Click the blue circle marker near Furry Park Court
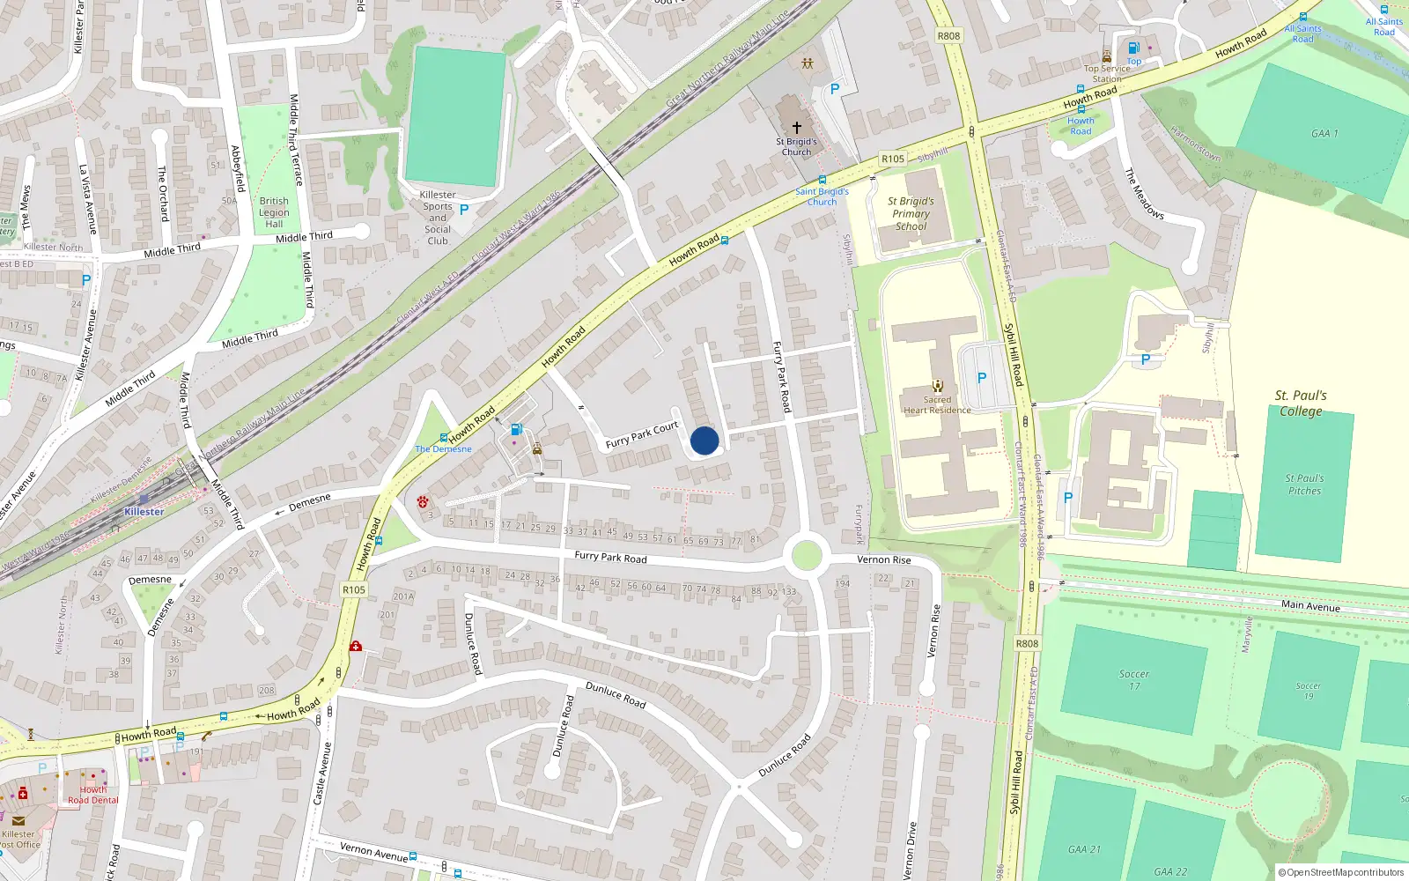pyautogui.click(x=704, y=440)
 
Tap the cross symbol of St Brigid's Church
pyautogui.click(x=797, y=128)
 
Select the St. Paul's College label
pyautogui.click(x=1301, y=403)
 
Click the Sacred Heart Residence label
pyautogui.click(x=937, y=404)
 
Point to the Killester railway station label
pyautogui.click(x=144, y=512)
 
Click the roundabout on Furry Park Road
pyautogui.click(x=807, y=556)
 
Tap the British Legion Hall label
pyautogui.click(x=274, y=212)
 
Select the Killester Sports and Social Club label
pyautogui.click(x=438, y=218)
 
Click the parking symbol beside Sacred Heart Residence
pyautogui.click(x=982, y=378)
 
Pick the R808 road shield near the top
pyautogui.click(x=948, y=36)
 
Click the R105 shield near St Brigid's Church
pyautogui.click(x=893, y=159)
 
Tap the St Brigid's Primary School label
pyautogui.click(x=911, y=214)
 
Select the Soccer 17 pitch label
pyautogui.click(x=1134, y=679)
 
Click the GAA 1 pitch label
pyautogui.click(x=1324, y=134)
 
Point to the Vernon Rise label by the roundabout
pyautogui.click(x=884, y=560)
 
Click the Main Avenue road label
pyautogui.click(x=1310, y=606)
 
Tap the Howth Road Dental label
pyautogui.click(x=93, y=795)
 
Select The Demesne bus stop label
pyautogui.click(x=444, y=449)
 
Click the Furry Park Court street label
pyautogui.click(x=642, y=434)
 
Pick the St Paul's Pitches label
pyautogui.click(x=1304, y=485)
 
